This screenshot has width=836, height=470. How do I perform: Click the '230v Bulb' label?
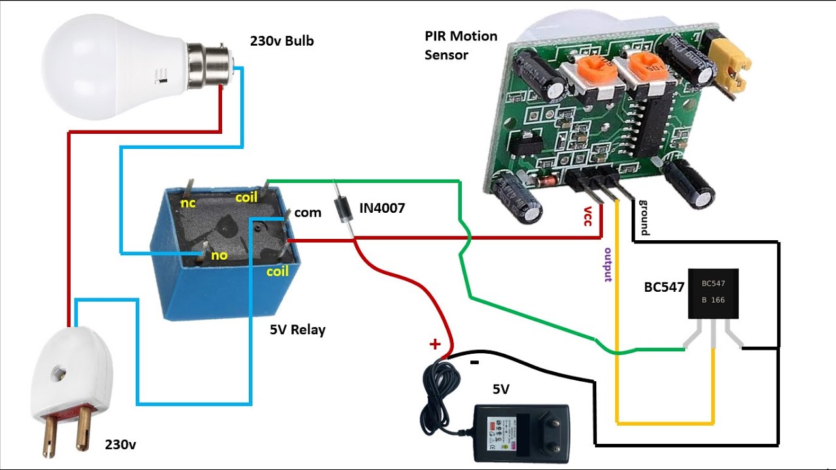281,41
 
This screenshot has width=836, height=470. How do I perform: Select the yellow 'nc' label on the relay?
188,203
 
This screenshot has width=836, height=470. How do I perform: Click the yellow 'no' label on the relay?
219,255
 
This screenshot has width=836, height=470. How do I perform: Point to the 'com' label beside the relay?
308,212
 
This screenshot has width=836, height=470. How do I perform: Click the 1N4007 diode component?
342,208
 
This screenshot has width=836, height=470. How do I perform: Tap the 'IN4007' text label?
382,208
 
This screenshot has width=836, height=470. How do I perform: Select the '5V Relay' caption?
297,330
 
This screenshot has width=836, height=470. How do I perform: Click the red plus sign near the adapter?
434,343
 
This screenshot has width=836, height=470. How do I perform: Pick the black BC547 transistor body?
713,293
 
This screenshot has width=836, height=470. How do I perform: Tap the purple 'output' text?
608,265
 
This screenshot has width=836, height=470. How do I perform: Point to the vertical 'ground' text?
644,217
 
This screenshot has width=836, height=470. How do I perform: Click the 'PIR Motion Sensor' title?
460,45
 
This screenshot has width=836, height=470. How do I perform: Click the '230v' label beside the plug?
121,445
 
